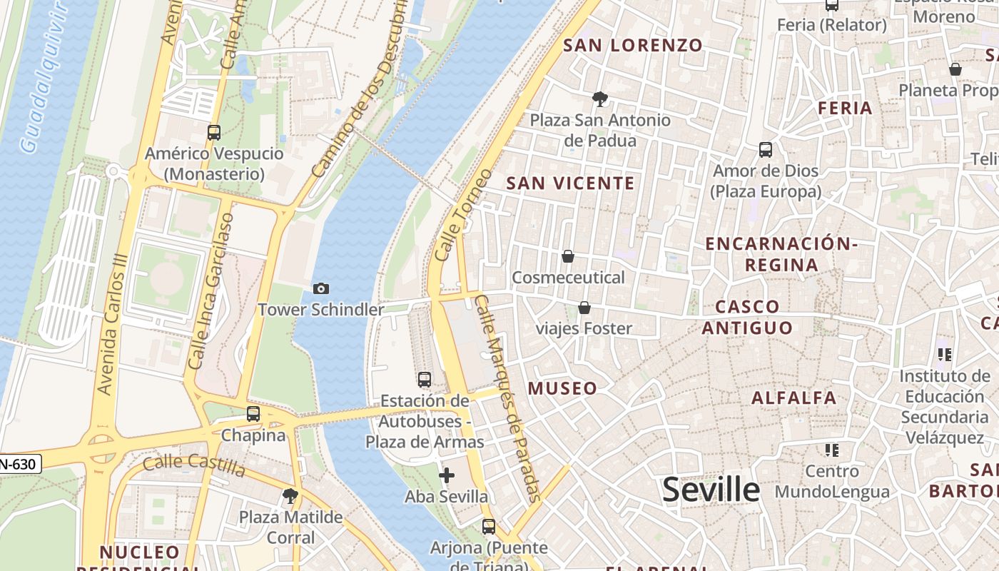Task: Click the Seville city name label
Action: (711, 490)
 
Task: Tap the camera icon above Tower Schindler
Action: (321, 288)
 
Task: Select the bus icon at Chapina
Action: (253, 413)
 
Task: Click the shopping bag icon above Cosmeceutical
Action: (568, 256)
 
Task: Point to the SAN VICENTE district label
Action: (570, 183)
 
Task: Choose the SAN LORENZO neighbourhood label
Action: (633, 46)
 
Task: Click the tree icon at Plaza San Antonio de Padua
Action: (600, 99)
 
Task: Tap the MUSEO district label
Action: (562, 388)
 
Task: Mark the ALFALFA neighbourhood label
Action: (793, 398)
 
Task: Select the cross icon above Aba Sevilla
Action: (447, 475)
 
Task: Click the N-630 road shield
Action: (19, 465)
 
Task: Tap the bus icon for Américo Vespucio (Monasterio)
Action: (214, 132)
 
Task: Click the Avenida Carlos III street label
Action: (113, 325)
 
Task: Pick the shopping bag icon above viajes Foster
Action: (584, 308)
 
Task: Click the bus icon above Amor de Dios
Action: (766, 150)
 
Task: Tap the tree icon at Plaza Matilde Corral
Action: (290, 495)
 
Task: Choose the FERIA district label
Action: (845, 108)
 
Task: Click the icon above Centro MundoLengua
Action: (831, 450)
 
